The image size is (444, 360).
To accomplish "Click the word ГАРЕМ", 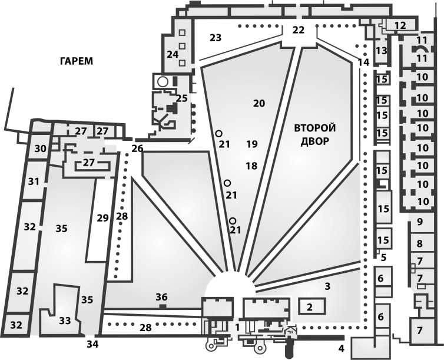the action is pyautogui.click(x=77, y=61).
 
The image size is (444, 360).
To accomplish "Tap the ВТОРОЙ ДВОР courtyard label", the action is pyautogui.click(x=315, y=134).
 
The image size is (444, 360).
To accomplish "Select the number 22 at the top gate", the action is pyautogui.click(x=299, y=29).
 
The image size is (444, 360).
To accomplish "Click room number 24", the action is pyautogui.click(x=173, y=54).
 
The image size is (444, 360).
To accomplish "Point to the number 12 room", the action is pyautogui.click(x=400, y=25).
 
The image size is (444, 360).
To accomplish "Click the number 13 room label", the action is pyautogui.click(x=381, y=51).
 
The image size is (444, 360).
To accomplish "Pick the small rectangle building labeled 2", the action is pyautogui.click(x=312, y=306).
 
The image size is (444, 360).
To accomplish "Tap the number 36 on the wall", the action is pyautogui.click(x=162, y=297).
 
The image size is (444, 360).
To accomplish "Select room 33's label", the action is pyautogui.click(x=65, y=321).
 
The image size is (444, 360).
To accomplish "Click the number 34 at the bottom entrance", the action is pyautogui.click(x=92, y=344).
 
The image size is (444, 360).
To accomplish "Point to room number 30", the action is pyautogui.click(x=41, y=148).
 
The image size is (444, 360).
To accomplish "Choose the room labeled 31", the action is pyautogui.click(x=34, y=181).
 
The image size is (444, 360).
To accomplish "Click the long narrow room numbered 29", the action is pyautogui.click(x=103, y=218).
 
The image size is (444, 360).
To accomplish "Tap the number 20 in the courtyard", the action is pyautogui.click(x=259, y=103).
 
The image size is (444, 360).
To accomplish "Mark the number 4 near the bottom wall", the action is pyautogui.click(x=341, y=349).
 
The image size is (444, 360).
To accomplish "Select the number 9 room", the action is pyautogui.click(x=420, y=222).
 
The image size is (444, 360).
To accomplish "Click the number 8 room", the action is pyautogui.click(x=420, y=243).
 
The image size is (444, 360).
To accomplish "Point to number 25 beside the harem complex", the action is pyautogui.click(x=182, y=98).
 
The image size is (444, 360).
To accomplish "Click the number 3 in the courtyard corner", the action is pyautogui.click(x=327, y=286).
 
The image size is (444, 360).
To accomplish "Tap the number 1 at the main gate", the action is pyautogui.click(x=237, y=328).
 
